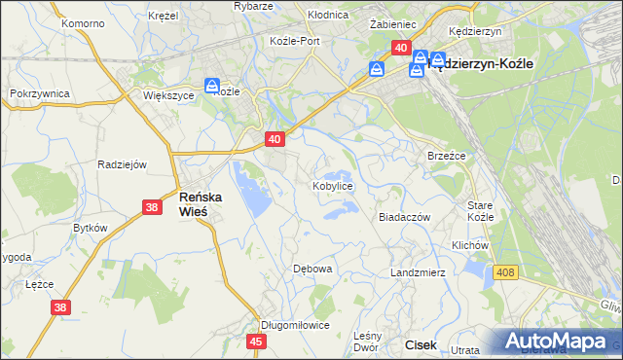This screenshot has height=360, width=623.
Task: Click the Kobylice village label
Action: click(332, 185)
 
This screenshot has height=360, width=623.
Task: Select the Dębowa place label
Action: click(313, 268)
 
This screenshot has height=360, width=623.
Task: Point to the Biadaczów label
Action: click(404, 218)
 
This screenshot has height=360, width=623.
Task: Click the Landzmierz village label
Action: click(418, 272)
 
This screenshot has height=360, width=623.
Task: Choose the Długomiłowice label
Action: click(295, 325)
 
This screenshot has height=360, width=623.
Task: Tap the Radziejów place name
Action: click(122, 164)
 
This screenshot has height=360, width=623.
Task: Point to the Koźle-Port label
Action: click(295, 41)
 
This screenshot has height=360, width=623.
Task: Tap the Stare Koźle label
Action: click(481, 211)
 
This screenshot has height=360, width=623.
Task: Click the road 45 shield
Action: click(257, 342)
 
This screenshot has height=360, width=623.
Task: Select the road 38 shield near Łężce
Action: click(60, 307)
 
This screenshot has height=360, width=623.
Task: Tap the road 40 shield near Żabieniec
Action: click(400, 47)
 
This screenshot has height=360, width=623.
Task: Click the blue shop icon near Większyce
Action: click(212, 88)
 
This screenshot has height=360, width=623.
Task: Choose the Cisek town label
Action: click(421, 344)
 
